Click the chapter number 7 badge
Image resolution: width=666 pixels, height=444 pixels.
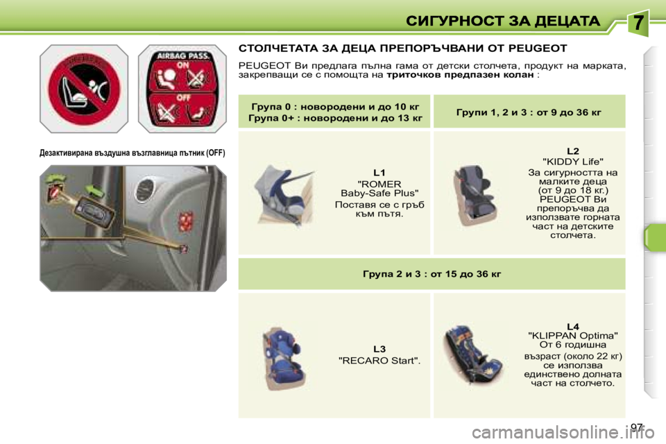pyautogui.click(x=638, y=24)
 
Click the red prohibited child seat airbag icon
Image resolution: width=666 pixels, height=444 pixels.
pyautogui.click(x=83, y=88)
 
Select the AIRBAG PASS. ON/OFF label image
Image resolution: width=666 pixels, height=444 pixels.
pyautogui.click(x=182, y=88)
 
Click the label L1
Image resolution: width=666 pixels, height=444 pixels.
pyautogui.click(x=379, y=171)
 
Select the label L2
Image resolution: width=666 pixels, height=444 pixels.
pyautogui.click(x=572, y=151)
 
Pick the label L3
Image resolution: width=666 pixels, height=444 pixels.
pyautogui.click(x=379, y=348)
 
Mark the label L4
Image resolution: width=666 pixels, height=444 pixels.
pyautogui.click(x=572, y=326)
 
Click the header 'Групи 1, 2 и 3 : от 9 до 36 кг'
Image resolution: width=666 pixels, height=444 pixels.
pyautogui.click(x=529, y=112)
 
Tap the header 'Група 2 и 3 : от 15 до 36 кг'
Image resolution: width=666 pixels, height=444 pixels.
pyautogui.click(x=432, y=273)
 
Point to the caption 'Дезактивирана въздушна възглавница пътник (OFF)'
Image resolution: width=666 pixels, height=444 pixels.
pyautogui.click(x=133, y=152)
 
